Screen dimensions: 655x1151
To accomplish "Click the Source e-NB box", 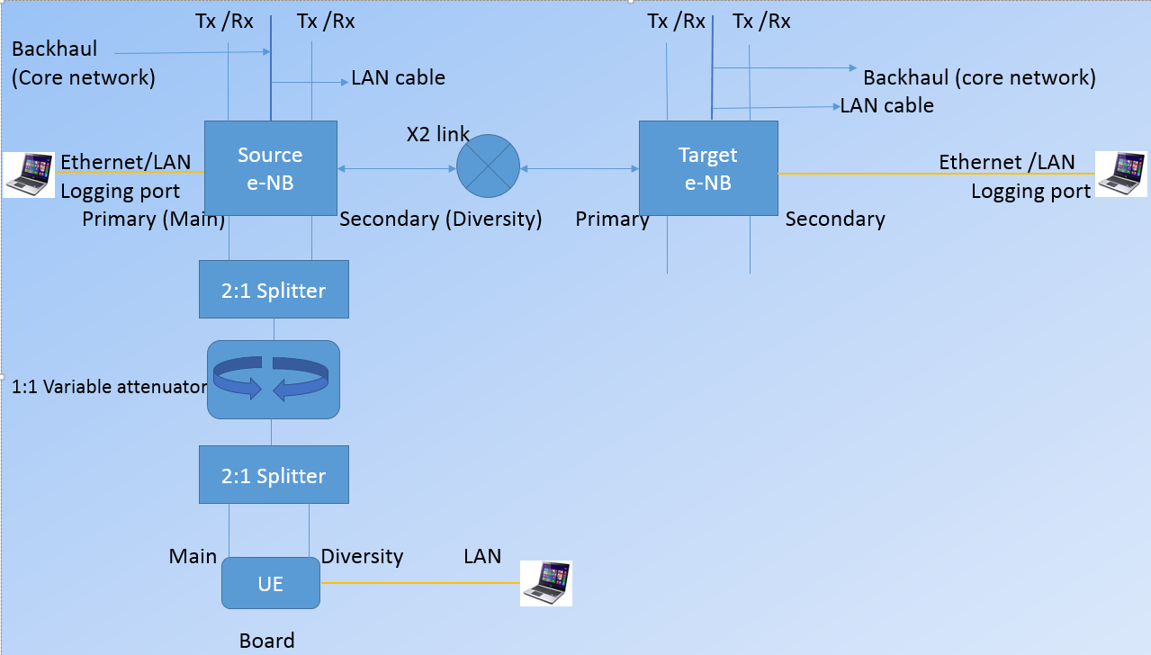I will coord(270,168).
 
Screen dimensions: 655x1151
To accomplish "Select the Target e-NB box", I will coord(707,168).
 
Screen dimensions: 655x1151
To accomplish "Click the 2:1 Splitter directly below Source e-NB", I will coord(274,290).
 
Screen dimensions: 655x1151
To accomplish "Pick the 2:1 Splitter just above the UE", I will coord(274,475).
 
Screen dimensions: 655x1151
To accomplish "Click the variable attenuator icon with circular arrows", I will coord(274,379).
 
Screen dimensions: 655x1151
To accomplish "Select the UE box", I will coord(270,583).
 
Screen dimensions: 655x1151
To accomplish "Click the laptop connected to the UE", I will coord(546,583).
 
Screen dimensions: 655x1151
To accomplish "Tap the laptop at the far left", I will coord(29,174).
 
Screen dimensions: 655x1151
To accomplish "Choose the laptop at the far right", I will coord(1120,174).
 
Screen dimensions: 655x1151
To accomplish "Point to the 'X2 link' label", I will coord(437,135).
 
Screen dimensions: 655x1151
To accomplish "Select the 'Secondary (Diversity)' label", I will coord(440,220).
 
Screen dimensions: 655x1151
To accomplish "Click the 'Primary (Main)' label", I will coord(153,220).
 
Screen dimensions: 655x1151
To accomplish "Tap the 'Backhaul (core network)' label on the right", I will coord(979,77).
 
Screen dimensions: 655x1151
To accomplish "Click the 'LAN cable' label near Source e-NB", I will coord(398,77).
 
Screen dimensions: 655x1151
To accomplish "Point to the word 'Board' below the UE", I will coord(266,641).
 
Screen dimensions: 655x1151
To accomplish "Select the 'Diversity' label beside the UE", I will coord(362,556).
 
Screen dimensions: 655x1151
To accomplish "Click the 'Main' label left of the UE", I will coord(193,556).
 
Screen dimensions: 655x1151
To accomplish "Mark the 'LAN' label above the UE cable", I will coord(482,556).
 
